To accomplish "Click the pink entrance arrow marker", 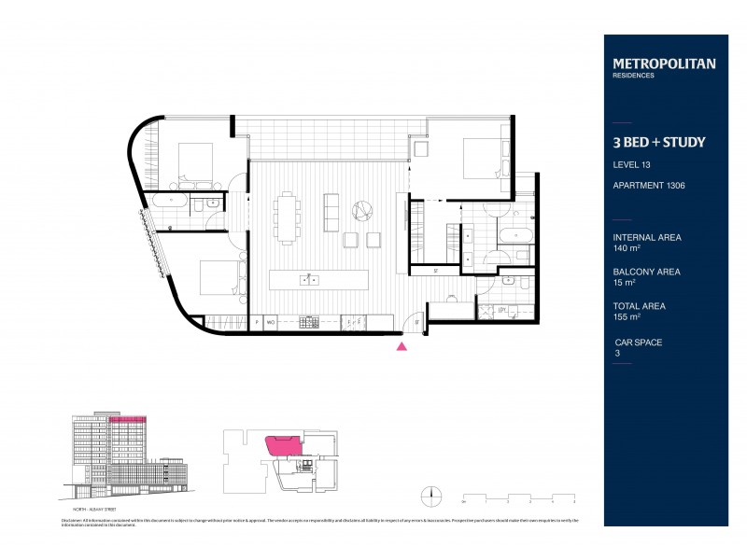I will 402,346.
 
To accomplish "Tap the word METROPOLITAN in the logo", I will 664,63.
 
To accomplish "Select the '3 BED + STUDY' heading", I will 658,143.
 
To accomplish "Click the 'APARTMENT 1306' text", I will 649,186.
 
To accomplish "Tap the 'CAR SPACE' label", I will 638,343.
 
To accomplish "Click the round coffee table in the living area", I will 360,209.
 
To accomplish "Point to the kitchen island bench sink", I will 307,279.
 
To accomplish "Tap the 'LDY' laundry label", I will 501,310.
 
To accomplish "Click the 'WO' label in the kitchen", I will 270,322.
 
